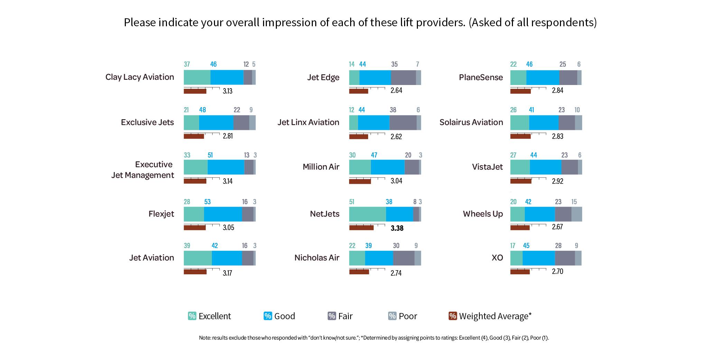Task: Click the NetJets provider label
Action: pyautogui.click(x=325, y=214)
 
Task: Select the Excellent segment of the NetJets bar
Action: pyautogui.click(x=367, y=214)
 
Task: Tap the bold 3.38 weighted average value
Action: pyautogui.click(x=397, y=228)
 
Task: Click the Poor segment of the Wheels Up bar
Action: pyautogui.click(x=577, y=214)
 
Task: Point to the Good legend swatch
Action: pyautogui.click(x=268, y=316)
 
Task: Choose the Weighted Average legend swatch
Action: pyautogui.click(x=452, y=316)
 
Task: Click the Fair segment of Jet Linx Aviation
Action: pyautogui.click(x=403, y=123)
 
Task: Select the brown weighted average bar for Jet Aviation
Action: pyautogui.click(x=195, y=272)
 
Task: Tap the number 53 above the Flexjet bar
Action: pyautogui.click(x=207, y=202)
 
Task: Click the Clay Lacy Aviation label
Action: pyautogui.click(x=140, y=77)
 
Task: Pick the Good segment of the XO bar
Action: pyautogui.click(x=539, y=258)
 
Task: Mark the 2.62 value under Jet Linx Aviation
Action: pyautogui.click(x=396, y=136)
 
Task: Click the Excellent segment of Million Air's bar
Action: pyautogui.click(x=360, y=167)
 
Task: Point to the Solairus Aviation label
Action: pyautogui.click(x=471, y=122)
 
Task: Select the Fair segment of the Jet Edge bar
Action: pyautogui.click(x=403, y=77)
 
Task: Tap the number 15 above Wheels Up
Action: pyautogui.click(x=574, y=202)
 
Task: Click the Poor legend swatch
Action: pyautogui.click(x=392, y=316)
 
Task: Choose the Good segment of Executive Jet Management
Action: pyautogui.click(x=226, y=167)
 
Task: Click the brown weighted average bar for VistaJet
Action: pyautogui.click(x=521, y=181)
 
